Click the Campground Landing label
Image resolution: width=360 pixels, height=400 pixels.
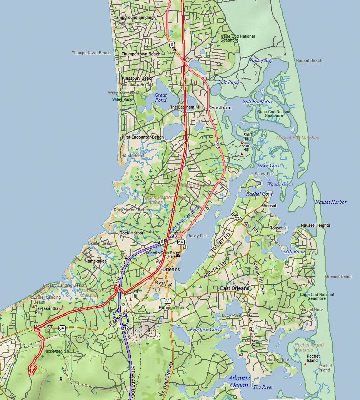(133, 17)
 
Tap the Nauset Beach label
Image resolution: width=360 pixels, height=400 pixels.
(309, 60)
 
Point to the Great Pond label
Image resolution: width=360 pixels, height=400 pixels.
(161, 97)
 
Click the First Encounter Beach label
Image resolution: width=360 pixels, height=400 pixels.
(143, 137)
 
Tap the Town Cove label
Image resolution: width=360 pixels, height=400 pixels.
(269, 166)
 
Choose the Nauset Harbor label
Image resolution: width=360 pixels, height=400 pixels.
(331, 202)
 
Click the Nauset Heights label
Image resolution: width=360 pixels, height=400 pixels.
(315, 225)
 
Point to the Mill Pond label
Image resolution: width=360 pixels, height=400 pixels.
(294, 251)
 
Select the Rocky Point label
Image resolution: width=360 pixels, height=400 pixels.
(198, 236)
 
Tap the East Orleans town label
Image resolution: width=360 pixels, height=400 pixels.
(235, 288)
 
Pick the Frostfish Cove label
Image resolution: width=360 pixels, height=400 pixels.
(205, 330)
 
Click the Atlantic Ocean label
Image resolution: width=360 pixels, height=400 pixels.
(239, 382)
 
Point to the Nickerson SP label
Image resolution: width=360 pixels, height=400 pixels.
(56, 351)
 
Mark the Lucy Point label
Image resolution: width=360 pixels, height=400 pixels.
(232, 315)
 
